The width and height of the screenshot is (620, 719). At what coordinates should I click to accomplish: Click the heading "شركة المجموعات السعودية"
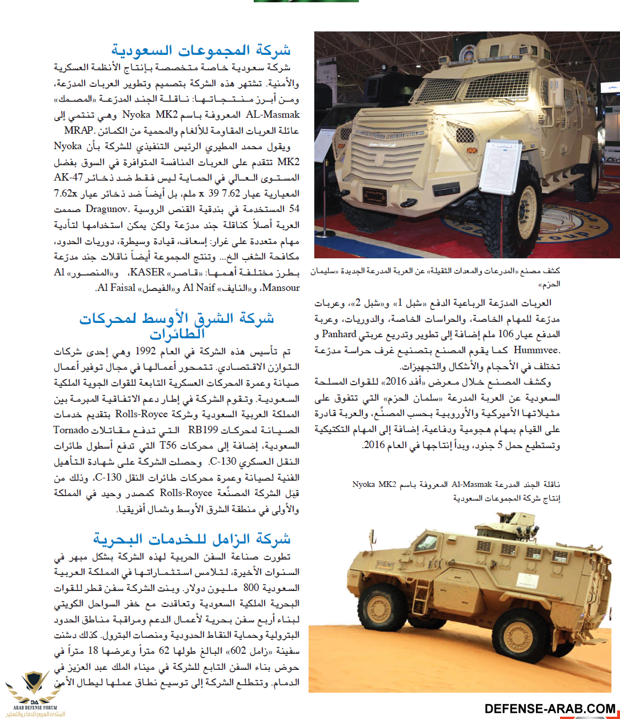(x=201, y=50)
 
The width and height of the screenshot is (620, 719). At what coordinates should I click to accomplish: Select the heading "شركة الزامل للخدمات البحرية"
(x=192, y=538)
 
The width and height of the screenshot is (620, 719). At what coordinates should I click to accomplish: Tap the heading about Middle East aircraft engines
(x=177, y=325)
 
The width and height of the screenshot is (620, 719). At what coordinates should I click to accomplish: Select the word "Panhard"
(x=339, y=334)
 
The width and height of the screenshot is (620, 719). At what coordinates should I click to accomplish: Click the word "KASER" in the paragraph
(x=148, y=272)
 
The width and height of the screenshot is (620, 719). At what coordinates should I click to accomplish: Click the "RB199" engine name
(x=203, y=430)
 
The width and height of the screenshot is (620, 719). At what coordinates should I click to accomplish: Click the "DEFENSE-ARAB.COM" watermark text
(x=550, y=709)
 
